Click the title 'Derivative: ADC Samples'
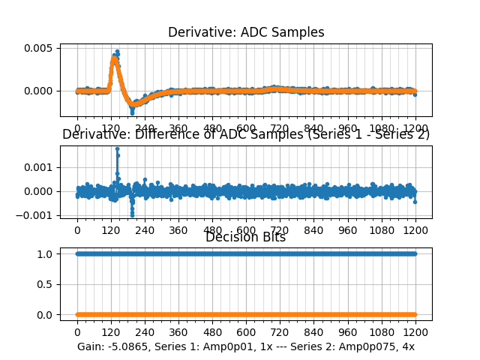pos(246,32)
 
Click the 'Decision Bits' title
pos(246,237)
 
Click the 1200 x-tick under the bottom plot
pos(415,331)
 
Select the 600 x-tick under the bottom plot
pos(246,331)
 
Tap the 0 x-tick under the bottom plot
pos(76,331)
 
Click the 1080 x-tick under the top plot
pos(382,128)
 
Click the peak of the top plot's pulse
pos(117,51)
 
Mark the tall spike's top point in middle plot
pos(117,148)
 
